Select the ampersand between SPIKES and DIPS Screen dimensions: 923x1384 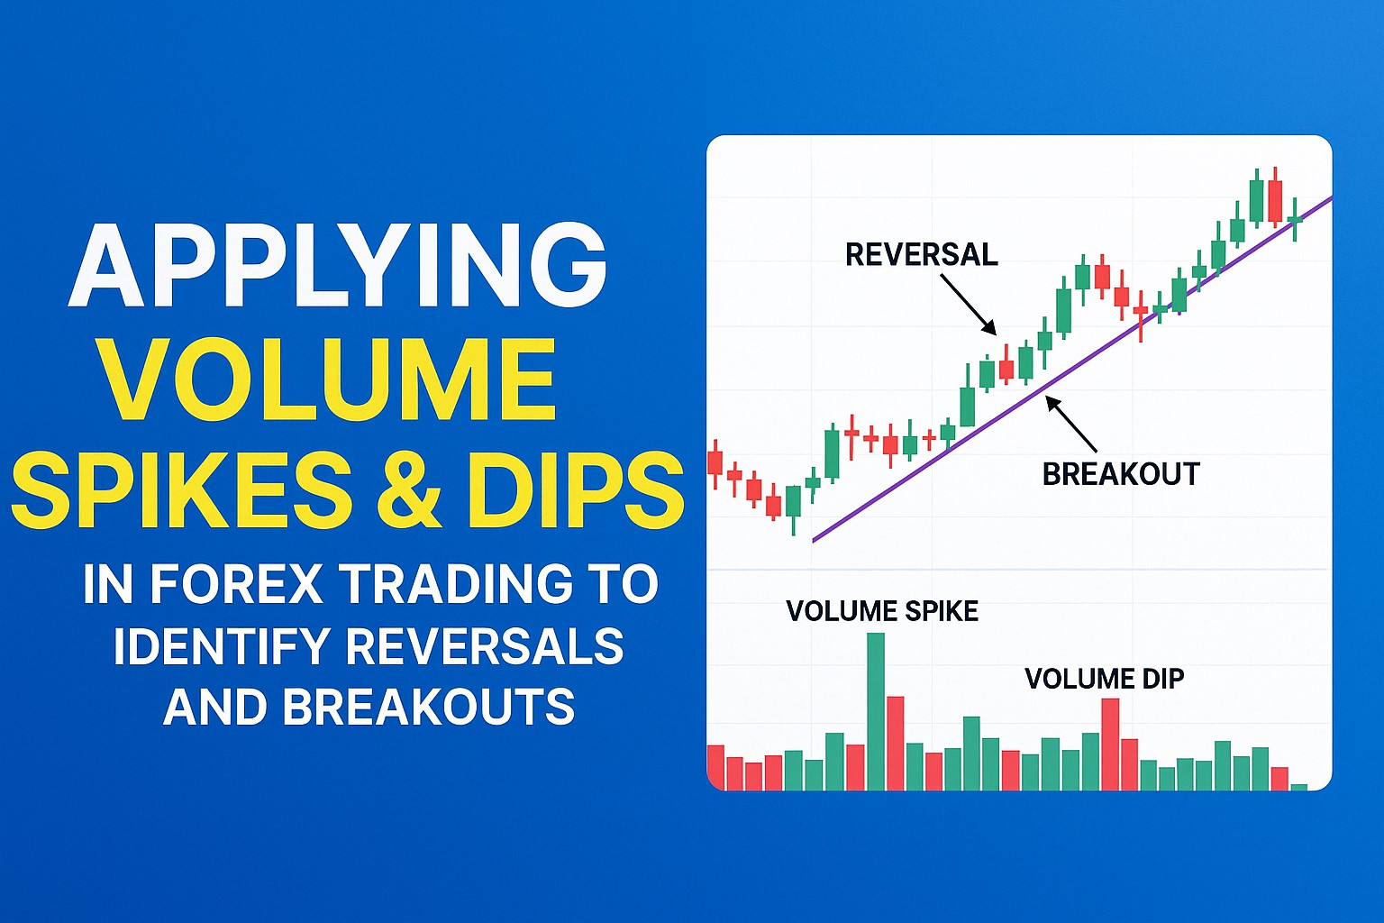click(x=411, y=491)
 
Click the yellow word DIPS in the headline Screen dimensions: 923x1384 click(x=576, y=491)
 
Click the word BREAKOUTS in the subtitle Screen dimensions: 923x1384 click(x=429, y=707)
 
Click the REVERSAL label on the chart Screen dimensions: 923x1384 click(x=921, y=255)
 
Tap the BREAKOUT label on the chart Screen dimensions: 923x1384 click(x=1120, y=474)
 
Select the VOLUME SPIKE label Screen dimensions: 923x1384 click(x=881, y=611)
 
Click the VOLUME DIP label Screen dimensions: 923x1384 click(x=1104, y=679)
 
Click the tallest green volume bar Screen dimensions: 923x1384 click(x=875, y=712)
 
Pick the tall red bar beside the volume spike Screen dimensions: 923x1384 click(x=895, y=744)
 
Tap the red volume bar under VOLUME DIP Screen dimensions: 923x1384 click(x=1110, y=745)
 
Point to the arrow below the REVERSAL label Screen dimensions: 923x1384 click(x=969, y=305)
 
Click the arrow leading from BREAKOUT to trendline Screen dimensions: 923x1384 click(x=1070, y=424)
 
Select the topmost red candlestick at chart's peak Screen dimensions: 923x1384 click(x=1274, y=201)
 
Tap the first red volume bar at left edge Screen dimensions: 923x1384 click(x=715, y=767)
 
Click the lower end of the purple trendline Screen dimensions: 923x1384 click(x=815, y=540)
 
